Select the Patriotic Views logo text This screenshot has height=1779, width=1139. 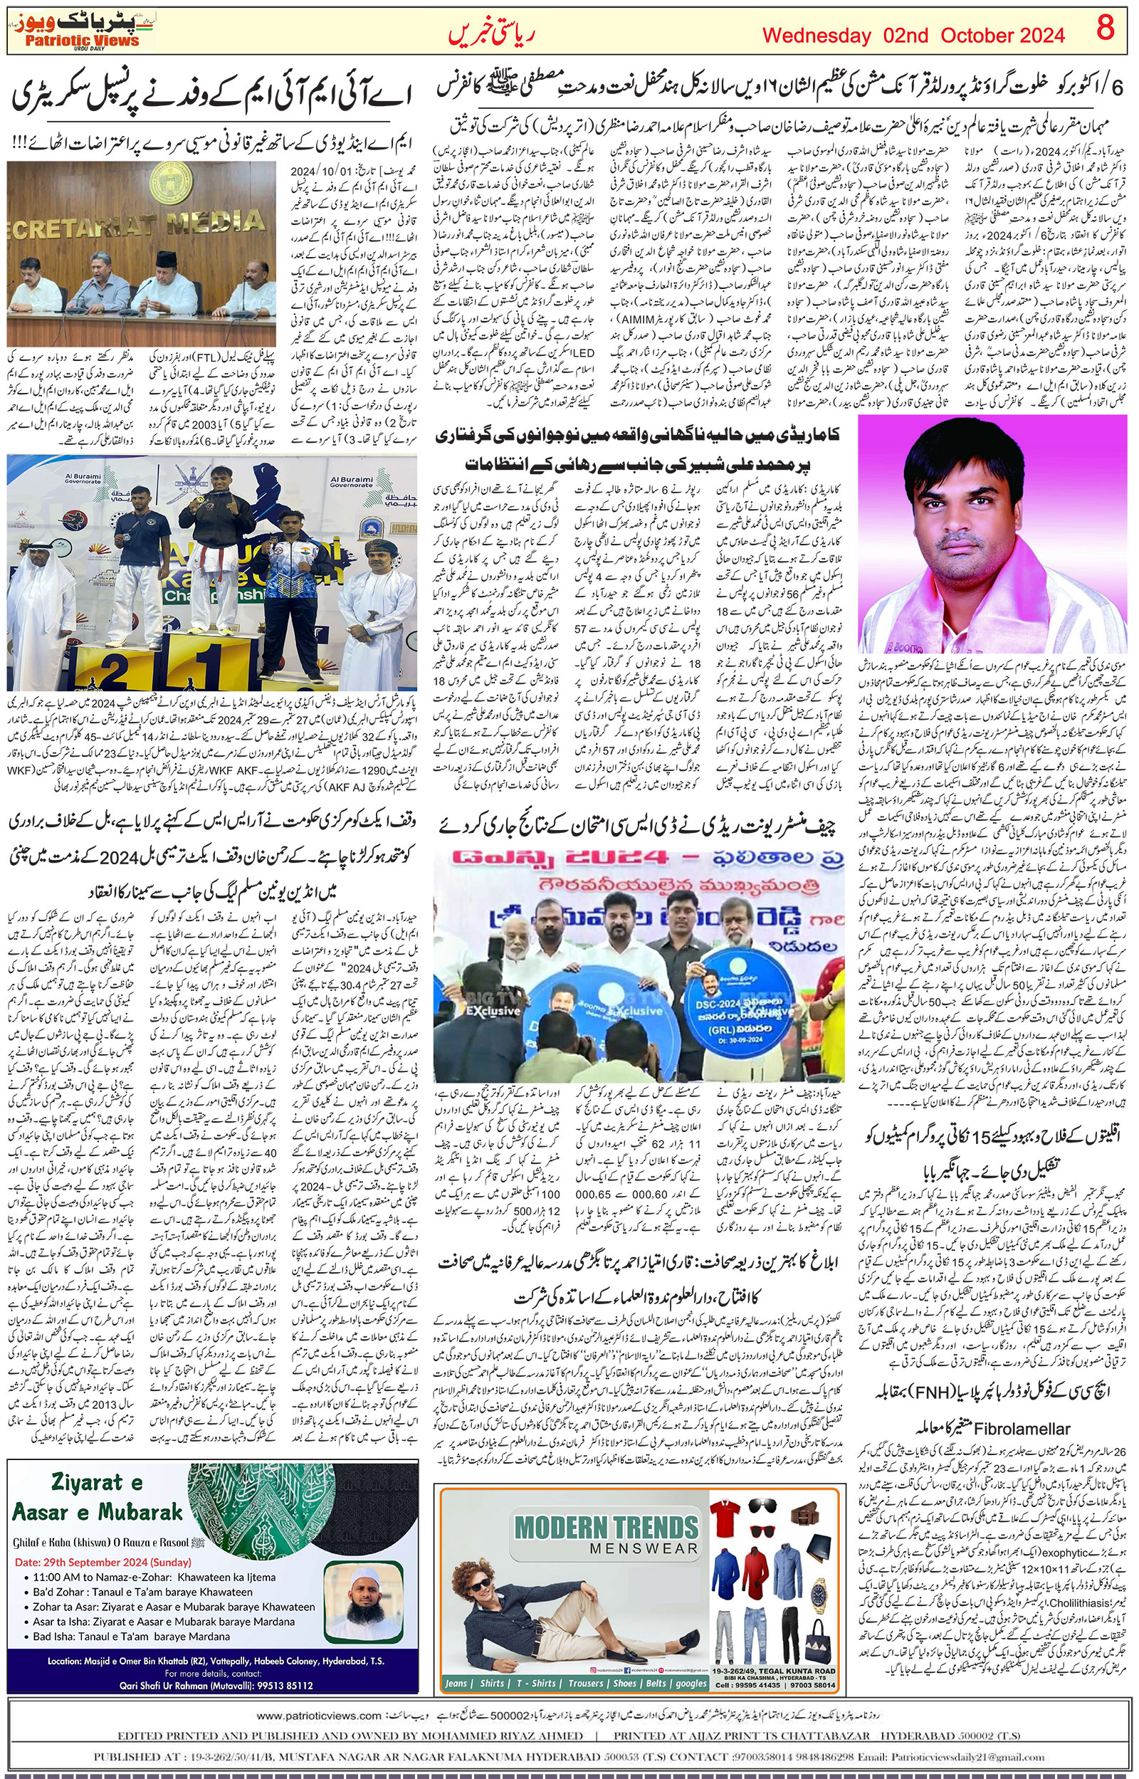(81, 41)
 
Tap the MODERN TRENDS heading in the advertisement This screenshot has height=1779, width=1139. (606, 1527)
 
